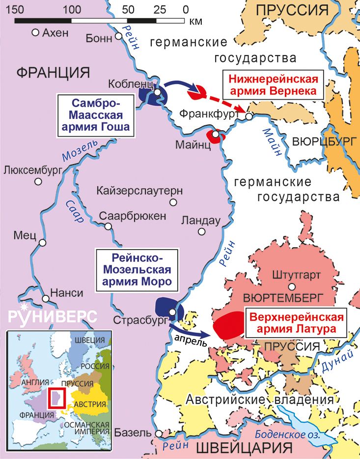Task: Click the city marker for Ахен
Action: pos(35,32)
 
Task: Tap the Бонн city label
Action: pos(99,38)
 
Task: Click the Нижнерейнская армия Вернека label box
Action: pos(274,85)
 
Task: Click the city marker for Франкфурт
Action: pos(249,116)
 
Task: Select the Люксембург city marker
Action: pos(38,182)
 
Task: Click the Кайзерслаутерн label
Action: pos(140,190)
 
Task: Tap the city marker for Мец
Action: pos(43,243)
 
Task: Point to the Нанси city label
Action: pos(67,292)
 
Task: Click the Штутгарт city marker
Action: pos(292,287)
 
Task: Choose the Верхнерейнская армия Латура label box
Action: pos(295,322)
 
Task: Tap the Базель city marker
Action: pos(159,434)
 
